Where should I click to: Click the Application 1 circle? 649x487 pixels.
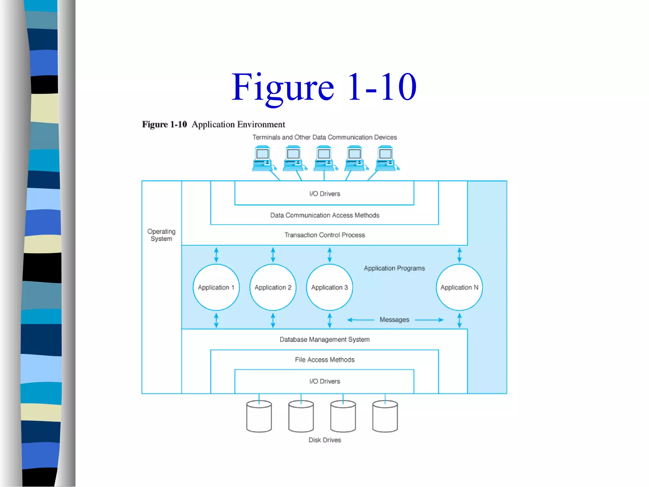coord(216,287)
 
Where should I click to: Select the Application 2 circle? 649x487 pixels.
coord(273,287)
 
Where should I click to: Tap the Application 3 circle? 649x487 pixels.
coord(330,287)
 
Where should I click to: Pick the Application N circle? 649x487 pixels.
coord(459,287)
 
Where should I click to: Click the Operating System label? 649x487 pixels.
coord(161,235)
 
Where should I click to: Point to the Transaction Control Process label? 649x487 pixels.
coord(324,235)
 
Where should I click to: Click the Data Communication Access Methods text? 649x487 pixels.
coord(324,215)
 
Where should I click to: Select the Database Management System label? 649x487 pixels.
coord(324,339)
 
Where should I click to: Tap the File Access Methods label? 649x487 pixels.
coord(324,360)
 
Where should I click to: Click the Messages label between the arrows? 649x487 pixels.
coord(394,320)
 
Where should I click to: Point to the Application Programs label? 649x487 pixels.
coord(394,268)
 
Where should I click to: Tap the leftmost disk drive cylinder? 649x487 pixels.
coord(259,416)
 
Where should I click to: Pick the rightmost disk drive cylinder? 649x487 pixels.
coord(385,416)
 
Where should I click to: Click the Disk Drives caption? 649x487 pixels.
coord(324,440)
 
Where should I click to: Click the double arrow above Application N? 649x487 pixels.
coord(459,255)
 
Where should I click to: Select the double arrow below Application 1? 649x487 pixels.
coord(216,320)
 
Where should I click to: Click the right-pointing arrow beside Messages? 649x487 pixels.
coord(429,320)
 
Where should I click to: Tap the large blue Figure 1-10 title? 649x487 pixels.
coord(324,87)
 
